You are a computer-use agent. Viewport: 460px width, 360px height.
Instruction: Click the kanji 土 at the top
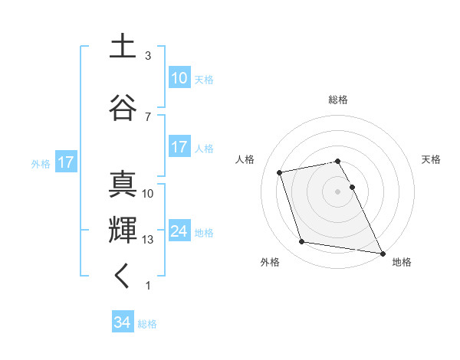pos(123,47)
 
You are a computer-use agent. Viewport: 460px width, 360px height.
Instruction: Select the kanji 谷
pos(123,108)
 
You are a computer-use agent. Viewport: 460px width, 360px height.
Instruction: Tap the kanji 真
pos(123,185)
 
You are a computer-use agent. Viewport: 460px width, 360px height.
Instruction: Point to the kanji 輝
pos(123,231)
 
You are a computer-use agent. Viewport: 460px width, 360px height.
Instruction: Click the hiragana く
pos(123,277)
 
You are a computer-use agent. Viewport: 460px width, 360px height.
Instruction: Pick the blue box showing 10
pos(179,78)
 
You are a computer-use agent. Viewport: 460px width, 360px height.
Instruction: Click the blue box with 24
pos(179,231)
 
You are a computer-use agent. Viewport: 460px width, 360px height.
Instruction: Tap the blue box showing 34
pos(123,322)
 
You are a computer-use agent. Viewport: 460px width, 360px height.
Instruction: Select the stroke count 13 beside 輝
pos(148,240)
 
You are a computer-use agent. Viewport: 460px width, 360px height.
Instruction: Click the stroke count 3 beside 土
pos(148,56)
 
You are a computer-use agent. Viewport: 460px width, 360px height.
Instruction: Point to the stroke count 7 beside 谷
pos(148,117)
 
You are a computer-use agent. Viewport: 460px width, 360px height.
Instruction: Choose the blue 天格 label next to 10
pos(204,79)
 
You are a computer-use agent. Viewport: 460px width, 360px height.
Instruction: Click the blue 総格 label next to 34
pos(147,324)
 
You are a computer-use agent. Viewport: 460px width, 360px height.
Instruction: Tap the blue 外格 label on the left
pos(41,163)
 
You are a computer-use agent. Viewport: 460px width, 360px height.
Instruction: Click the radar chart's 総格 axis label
pos(338,100)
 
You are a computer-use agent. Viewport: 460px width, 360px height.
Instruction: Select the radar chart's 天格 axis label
pos(432,159)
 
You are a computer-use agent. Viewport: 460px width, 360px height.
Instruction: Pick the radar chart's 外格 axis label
pos(270,262)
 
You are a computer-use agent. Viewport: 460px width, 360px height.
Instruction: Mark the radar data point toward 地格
pos(382,252)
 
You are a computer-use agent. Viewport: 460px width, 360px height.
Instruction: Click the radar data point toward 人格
pos(280,172)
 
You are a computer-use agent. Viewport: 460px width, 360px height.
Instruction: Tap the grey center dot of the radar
pos(338,191)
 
